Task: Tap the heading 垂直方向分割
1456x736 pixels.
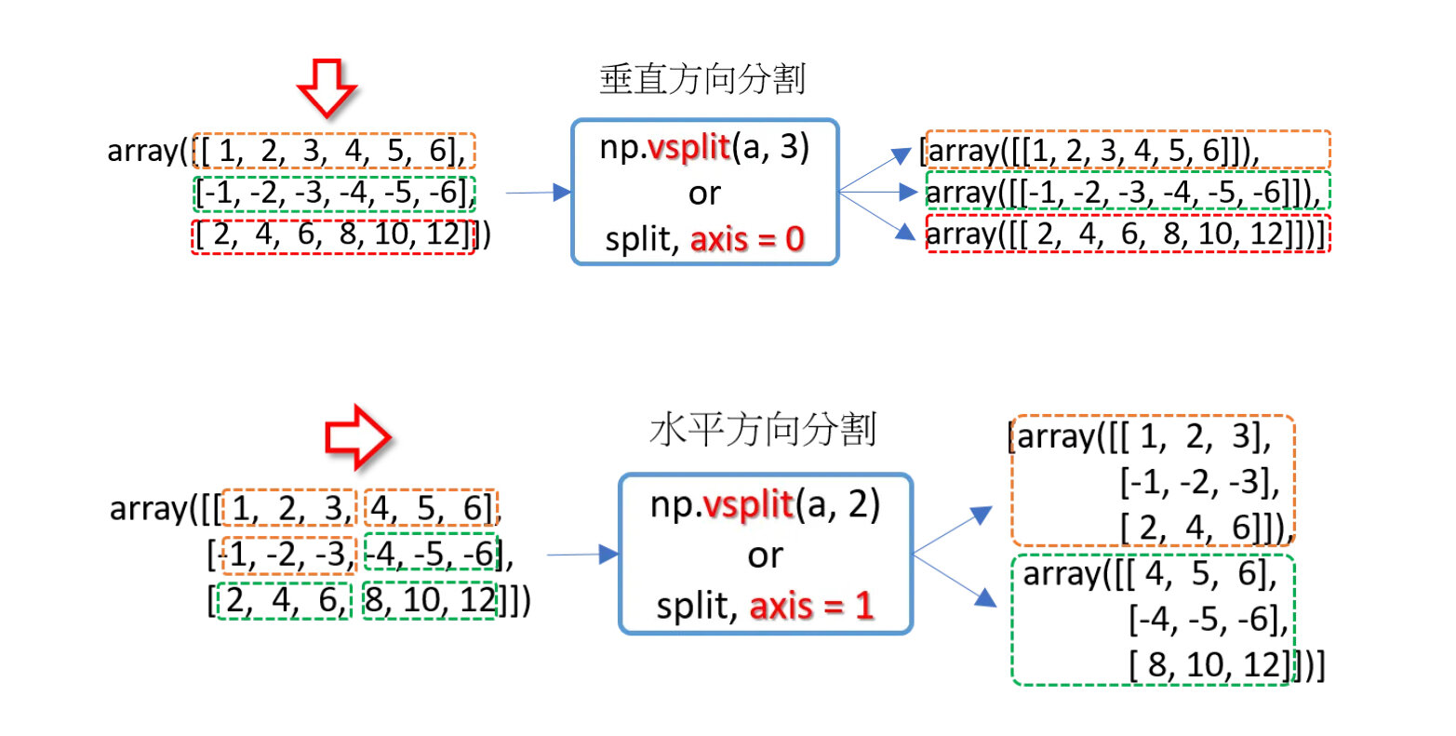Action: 702,80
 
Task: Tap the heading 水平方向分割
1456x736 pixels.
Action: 763,430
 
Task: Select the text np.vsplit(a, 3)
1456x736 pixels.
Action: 704,148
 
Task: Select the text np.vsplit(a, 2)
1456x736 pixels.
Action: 765,505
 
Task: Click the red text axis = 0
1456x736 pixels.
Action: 747,239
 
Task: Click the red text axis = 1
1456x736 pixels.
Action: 811,606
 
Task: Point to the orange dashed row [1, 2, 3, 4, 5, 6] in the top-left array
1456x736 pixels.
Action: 334,151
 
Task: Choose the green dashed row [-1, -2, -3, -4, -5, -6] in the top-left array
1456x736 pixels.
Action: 334,194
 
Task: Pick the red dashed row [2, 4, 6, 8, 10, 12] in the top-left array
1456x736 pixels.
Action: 334,235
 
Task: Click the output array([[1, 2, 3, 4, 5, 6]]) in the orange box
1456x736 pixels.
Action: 1128,150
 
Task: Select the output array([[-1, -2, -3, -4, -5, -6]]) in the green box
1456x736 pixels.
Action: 1128,192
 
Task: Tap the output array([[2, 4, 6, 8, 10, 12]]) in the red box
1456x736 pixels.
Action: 1128,234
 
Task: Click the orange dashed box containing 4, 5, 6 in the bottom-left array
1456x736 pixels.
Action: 431,508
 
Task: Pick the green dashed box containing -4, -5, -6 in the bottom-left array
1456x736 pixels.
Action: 431,555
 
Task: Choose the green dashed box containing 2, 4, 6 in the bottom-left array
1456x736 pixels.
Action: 284,600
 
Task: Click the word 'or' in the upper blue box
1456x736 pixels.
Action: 704,194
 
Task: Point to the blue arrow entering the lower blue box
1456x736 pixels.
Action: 582,555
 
